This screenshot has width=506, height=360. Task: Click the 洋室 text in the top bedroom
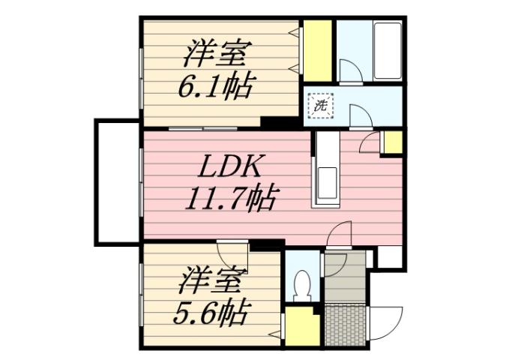click(x=218, y=55)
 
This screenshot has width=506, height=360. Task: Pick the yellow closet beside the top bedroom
click(x=318, y=48)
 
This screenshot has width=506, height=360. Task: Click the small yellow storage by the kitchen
click(x=392, y=142)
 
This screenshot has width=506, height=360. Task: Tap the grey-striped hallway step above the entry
click(x=346, y=277)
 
